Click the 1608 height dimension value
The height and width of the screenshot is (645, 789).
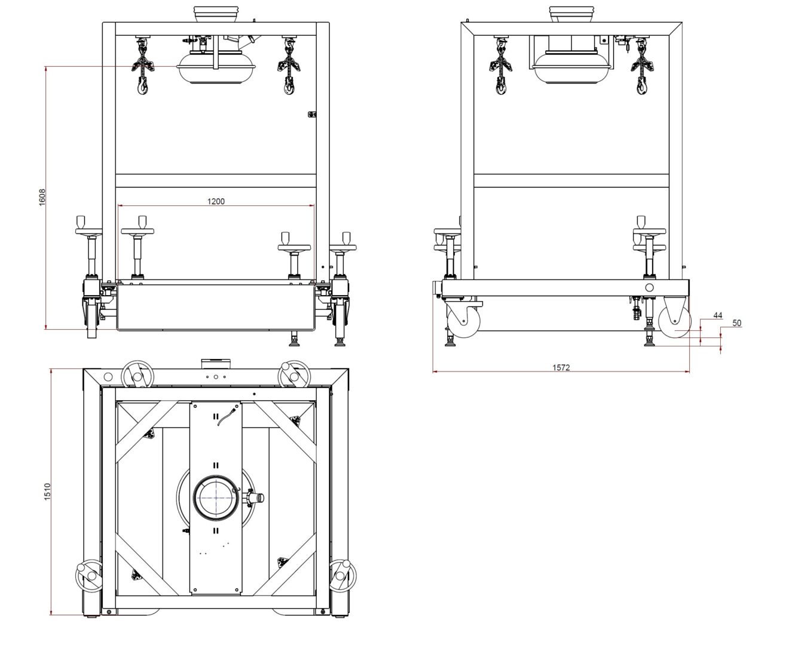click(x=42, y=197)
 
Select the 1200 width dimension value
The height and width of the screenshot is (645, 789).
click(x=216, y=201)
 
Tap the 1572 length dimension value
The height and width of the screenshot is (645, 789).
click(x=561, y=367)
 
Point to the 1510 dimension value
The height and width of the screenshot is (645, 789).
click(x=47, y=492)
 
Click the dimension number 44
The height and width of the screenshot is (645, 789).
click(x=717, y=315)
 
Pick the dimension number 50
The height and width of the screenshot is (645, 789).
click(x=736, y=322)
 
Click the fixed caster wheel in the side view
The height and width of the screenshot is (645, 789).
click(x=674, y=321)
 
